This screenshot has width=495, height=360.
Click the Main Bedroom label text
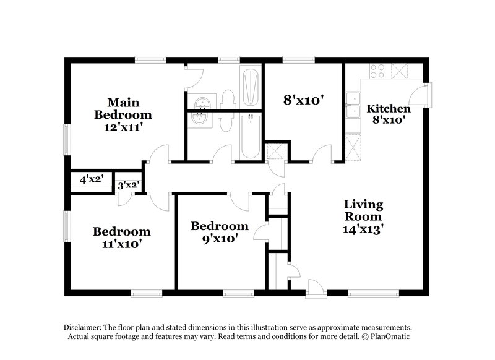123,108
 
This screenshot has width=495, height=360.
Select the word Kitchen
388,109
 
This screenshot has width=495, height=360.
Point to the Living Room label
363,210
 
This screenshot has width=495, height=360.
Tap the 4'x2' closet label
91,181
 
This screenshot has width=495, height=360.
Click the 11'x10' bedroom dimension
121,244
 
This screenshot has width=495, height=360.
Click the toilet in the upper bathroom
228,100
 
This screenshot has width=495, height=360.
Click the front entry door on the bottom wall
316,286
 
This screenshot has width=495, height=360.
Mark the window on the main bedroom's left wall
67,137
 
